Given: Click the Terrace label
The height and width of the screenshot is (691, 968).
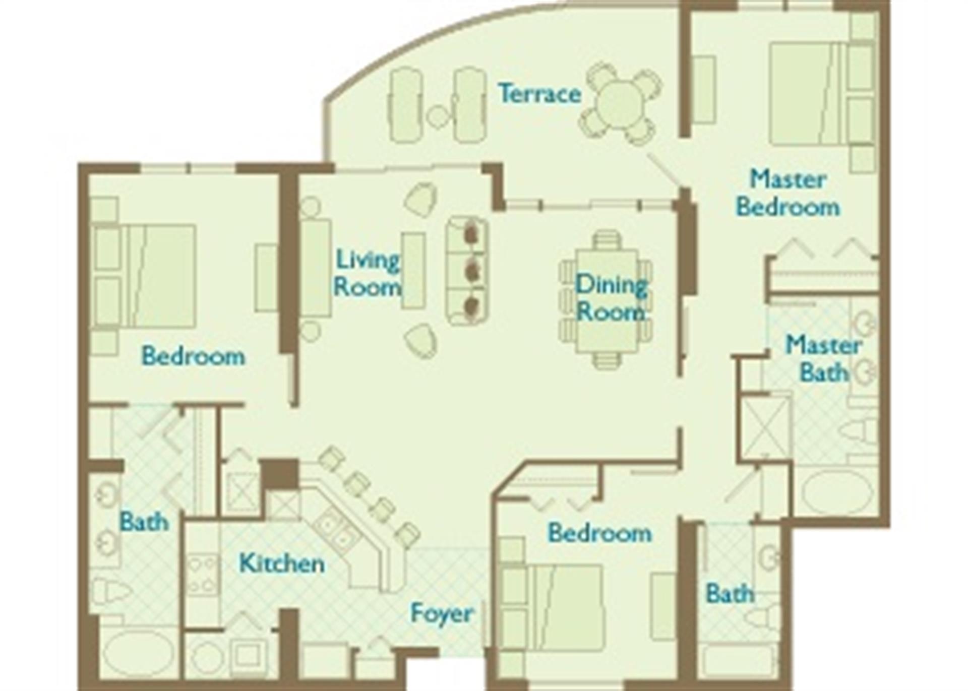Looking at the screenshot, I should tap(539, 94).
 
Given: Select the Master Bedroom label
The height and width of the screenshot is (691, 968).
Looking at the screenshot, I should tap(788, 193).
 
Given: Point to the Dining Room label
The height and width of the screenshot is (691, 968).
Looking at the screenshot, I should tap(611, 298).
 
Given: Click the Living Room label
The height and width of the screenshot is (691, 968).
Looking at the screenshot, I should tap(367, 273).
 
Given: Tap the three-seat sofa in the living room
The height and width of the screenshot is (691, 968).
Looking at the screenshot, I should tap(467, 271).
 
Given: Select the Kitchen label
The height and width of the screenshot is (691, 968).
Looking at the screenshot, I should tap(281, 563).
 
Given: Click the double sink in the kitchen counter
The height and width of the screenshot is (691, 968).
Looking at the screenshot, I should tap(335, 533).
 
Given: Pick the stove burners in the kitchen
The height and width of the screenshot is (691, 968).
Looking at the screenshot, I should tap(202, 575).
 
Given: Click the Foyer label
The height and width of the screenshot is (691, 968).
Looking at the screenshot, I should tap(442, 613).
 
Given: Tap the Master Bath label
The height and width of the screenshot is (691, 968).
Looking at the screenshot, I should tap(823, 359).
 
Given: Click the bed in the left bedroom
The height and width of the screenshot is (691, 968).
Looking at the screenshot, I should tap(151, 276).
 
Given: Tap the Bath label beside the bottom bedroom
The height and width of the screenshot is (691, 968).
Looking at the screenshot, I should tap(730, 593).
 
